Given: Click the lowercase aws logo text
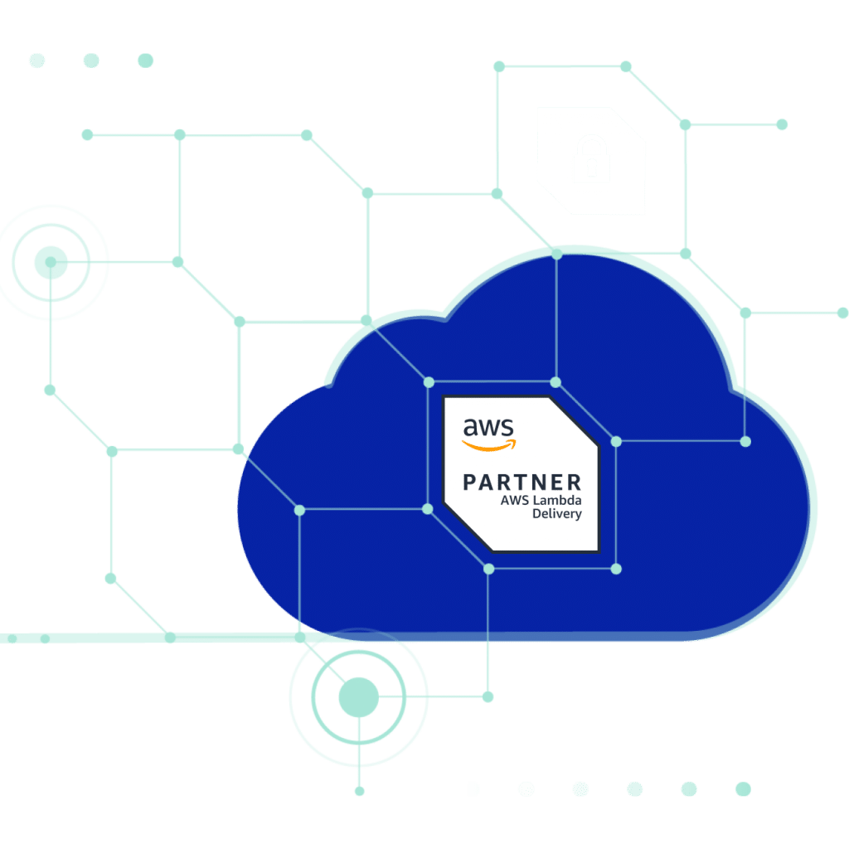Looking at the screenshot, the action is point(488,428).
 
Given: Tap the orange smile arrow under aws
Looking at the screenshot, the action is point(488,445).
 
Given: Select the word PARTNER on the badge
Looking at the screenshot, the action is point(522,482).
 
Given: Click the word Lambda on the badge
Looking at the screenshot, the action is point(557,500).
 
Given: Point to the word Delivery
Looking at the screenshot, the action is point(557,514).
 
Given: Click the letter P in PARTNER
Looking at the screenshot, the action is point(470,482).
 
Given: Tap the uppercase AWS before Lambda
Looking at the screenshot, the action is point(514,500).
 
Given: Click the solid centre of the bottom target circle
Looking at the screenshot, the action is point(358,696).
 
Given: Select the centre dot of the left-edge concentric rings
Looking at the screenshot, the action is point(51,262).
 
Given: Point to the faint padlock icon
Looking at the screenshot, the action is point(592,161).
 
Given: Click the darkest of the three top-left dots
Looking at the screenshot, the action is point(146,60).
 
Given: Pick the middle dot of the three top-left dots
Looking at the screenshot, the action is point(91,60).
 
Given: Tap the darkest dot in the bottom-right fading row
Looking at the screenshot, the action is point(743,789).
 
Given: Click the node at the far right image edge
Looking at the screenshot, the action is point(842,313).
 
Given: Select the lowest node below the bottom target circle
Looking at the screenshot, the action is point(360,791).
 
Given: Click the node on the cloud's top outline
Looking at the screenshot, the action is point(556,254).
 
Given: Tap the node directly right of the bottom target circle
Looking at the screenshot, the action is point(488,696).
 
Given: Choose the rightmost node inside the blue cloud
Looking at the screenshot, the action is point(745,442).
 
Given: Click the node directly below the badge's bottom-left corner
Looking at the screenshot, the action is point(489,569).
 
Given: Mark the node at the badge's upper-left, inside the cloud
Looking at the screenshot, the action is point(429,382).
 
